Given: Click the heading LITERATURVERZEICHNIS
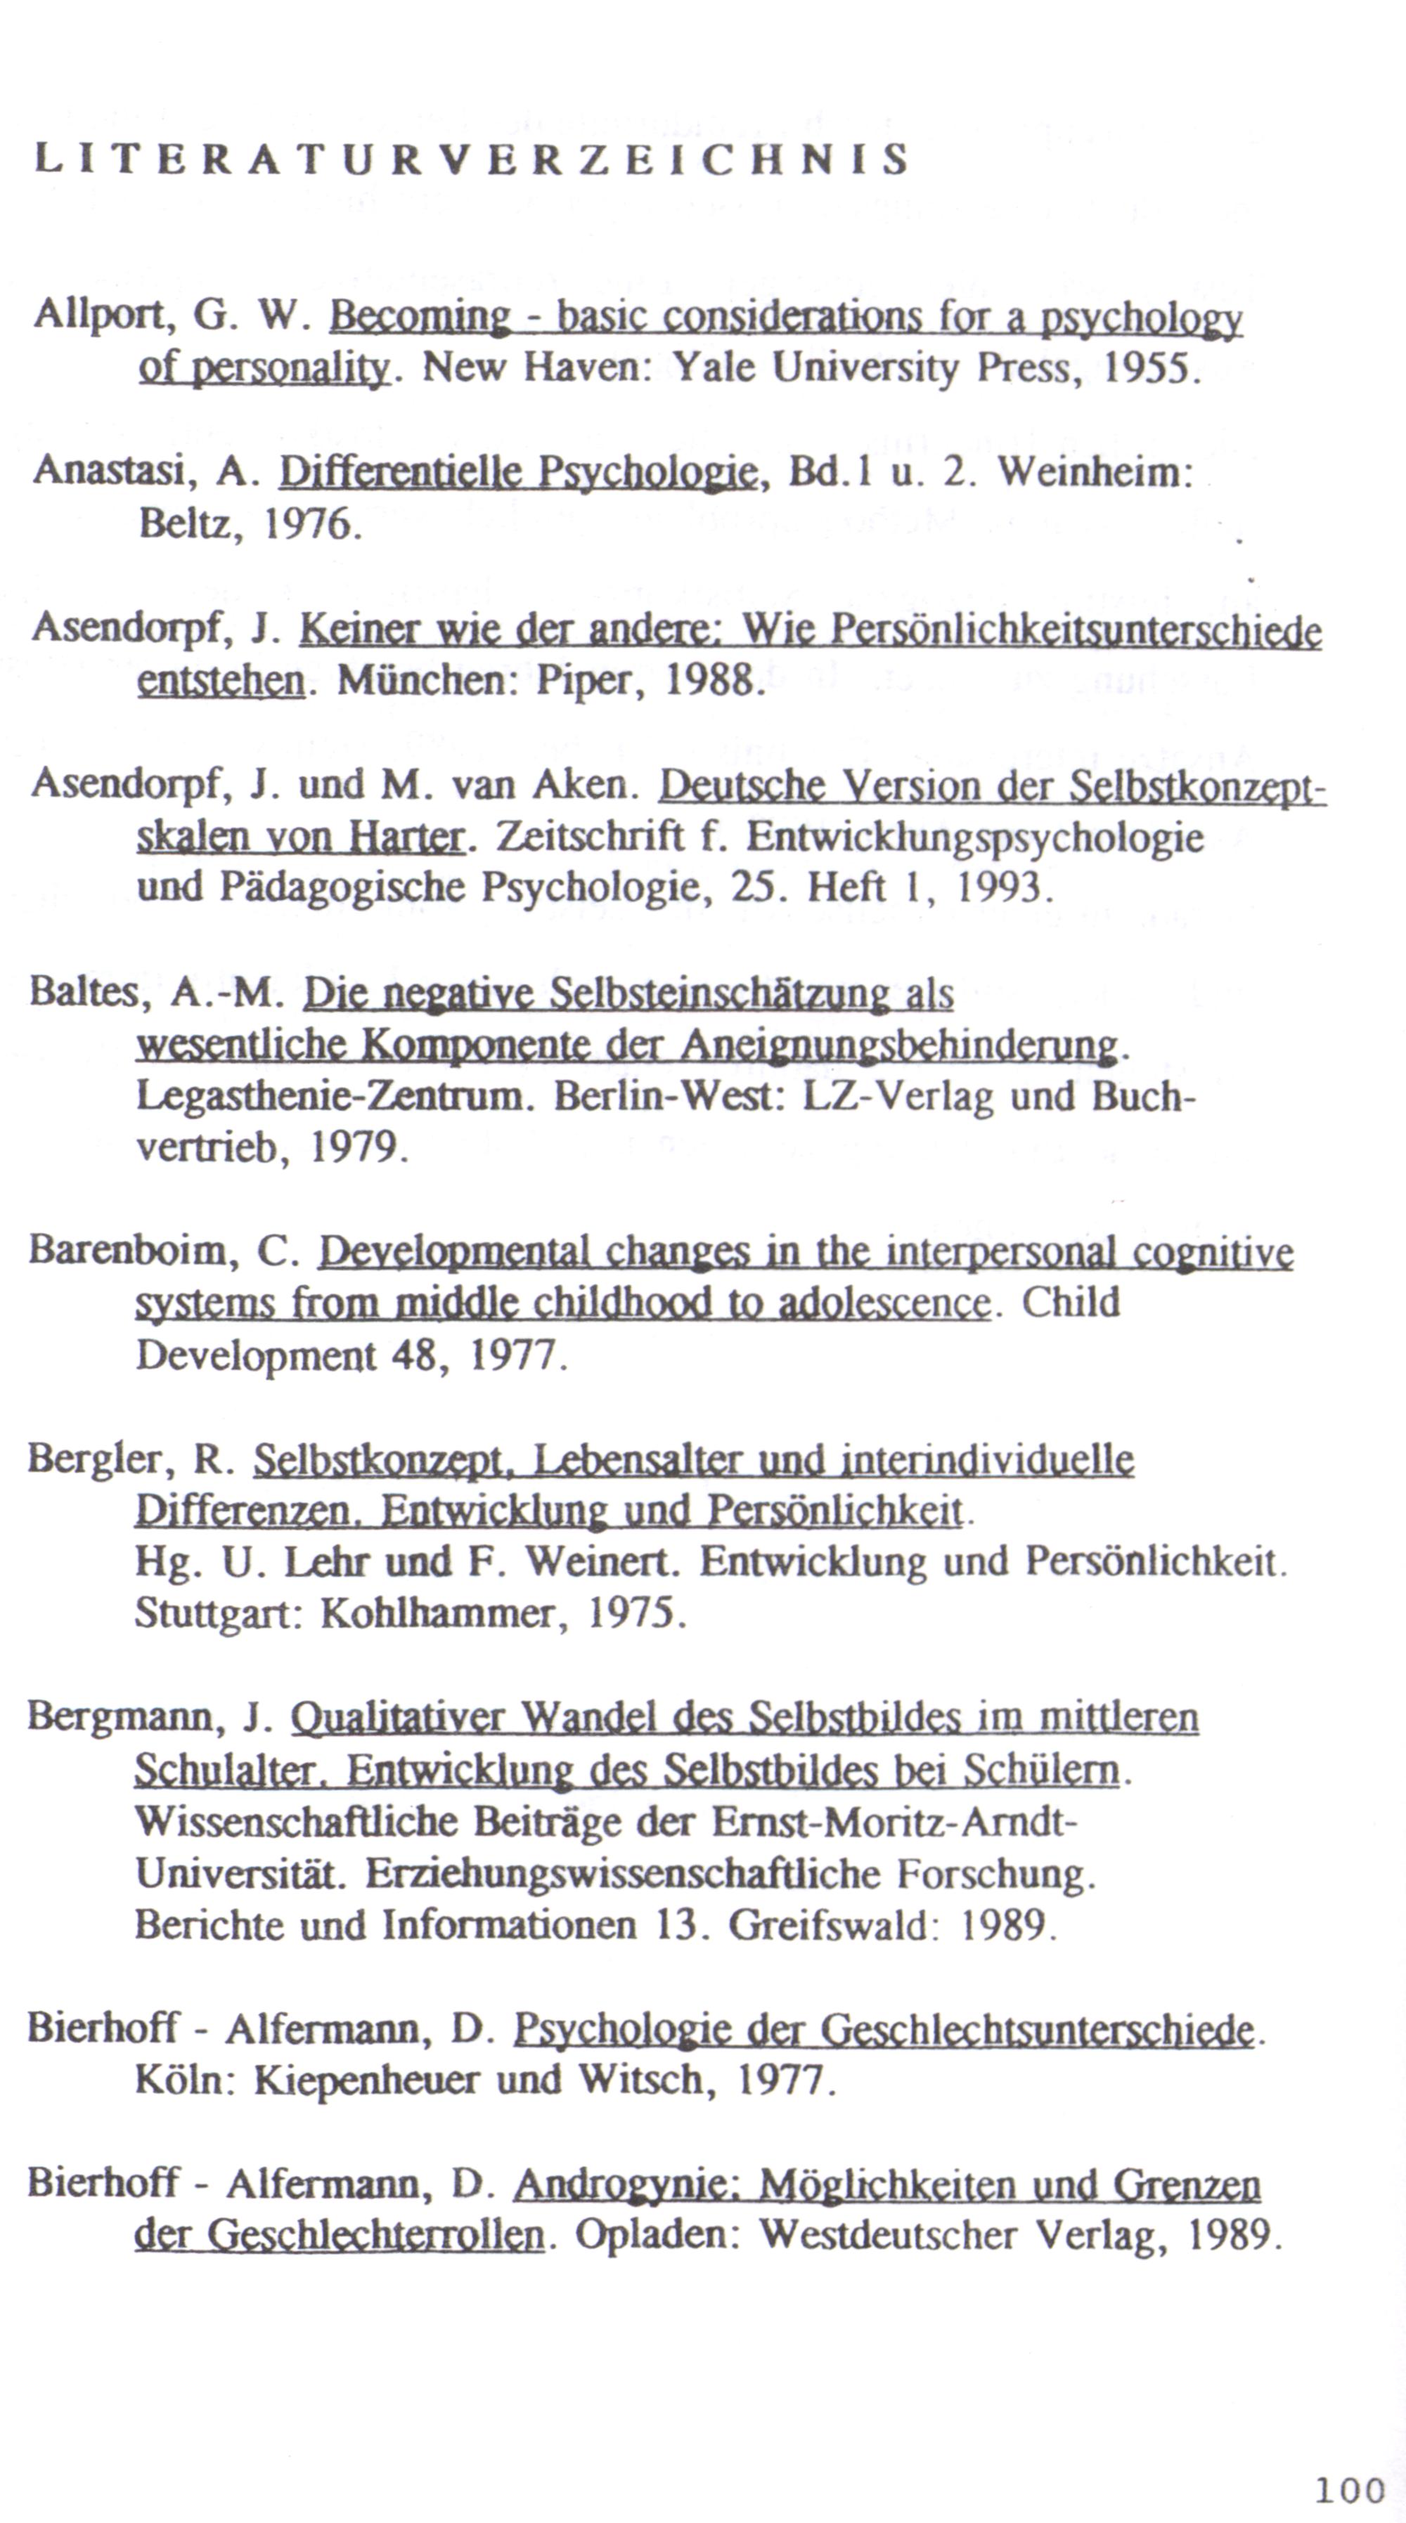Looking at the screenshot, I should click(471, 159).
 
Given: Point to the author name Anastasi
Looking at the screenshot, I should click(108, 472).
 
